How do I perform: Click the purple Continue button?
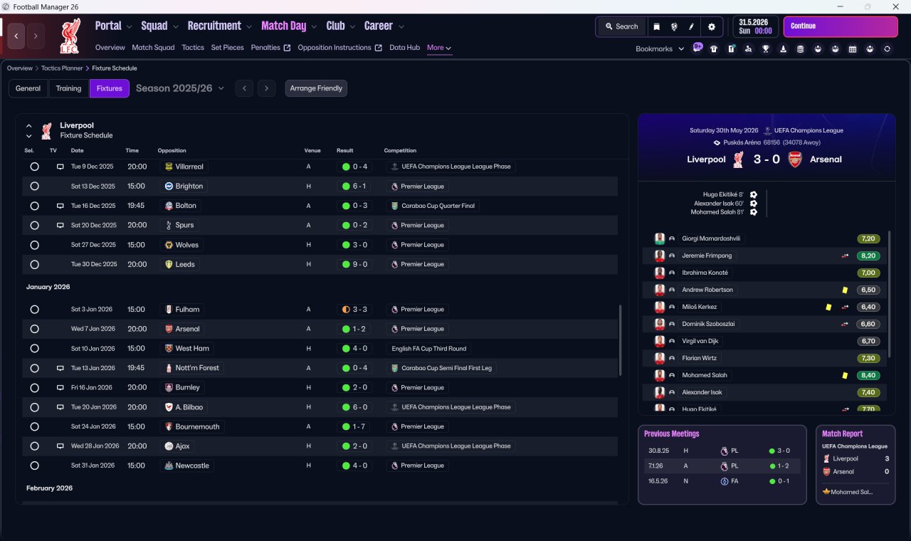point(841,26)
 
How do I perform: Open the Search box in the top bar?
point(622,27)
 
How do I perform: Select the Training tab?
point(68,88)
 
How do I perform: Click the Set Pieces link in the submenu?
point(227,48)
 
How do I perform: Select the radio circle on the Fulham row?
point(35,310)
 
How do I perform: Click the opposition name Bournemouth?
point(197,426)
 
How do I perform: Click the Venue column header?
point(312,150)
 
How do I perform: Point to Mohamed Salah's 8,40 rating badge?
point(868,375)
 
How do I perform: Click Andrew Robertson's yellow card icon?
point(845,290)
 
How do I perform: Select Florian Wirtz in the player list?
point(699,358)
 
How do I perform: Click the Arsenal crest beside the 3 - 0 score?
point(795,159)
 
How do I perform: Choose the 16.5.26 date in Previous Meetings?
point(658,480)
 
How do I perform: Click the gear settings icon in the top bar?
point(711,27)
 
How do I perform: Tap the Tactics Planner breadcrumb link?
point(62,68)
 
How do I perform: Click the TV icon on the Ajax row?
point(60,446)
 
